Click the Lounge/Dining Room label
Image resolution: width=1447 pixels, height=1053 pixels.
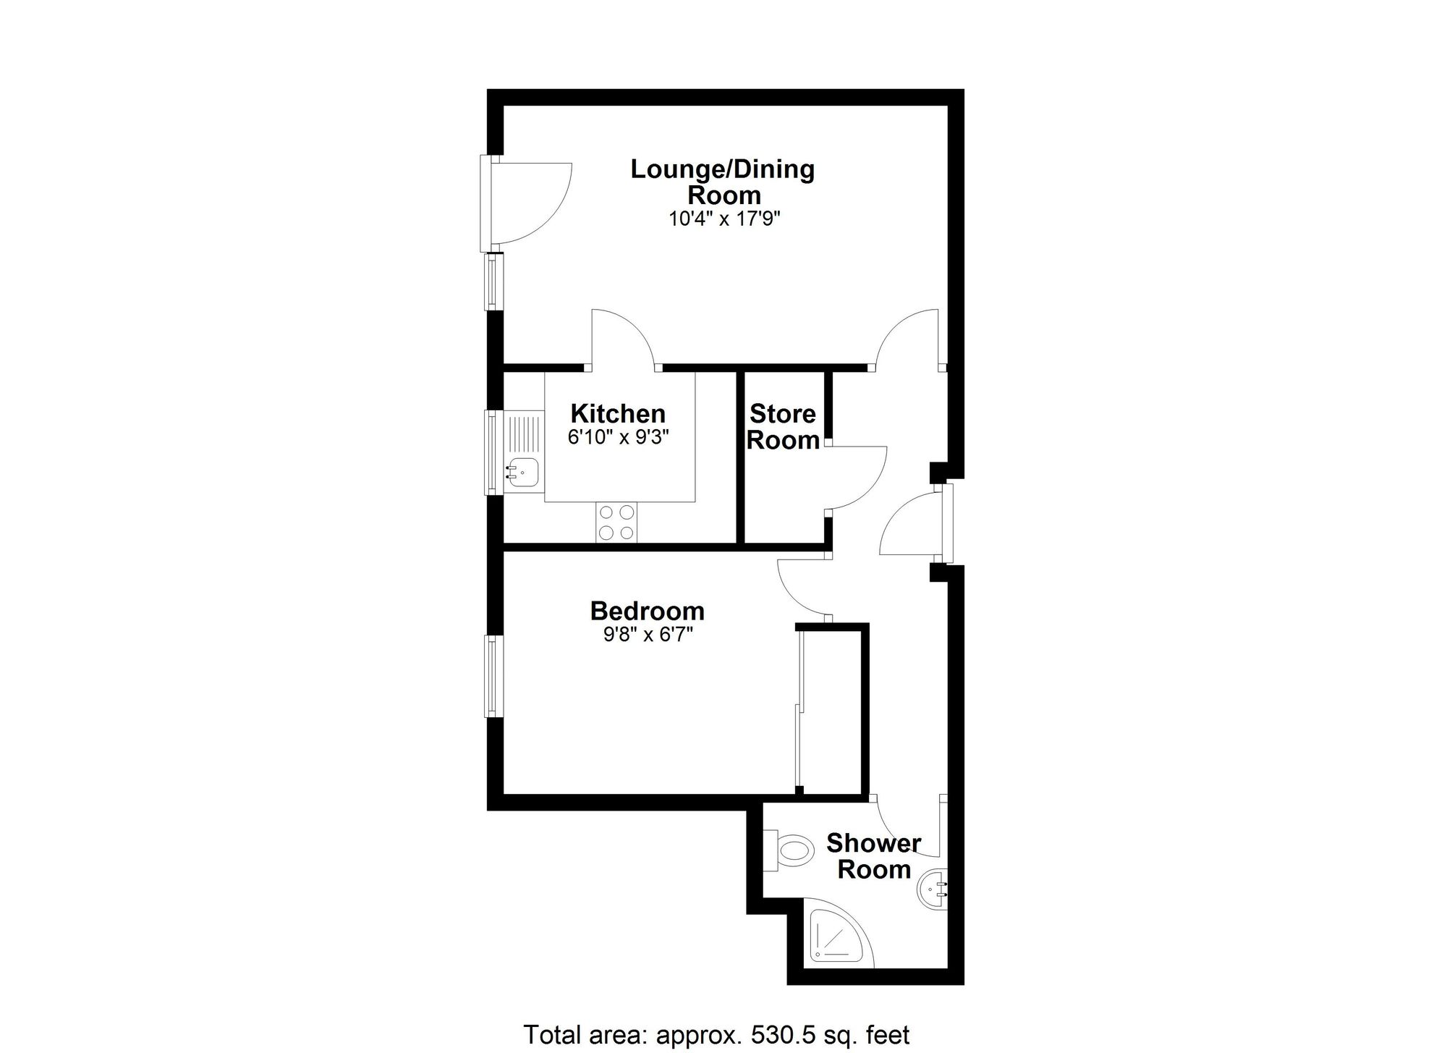[x=723, y=182]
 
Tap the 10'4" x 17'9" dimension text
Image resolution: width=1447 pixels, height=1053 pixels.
[x=724, y=219]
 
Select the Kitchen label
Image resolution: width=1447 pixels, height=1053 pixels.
[x=618, y=414]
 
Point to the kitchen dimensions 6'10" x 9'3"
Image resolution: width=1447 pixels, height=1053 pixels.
[x=618, y=437]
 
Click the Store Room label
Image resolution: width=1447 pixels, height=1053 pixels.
[x=783, y=427]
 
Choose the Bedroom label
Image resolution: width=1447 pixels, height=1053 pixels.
[x=648, y=612]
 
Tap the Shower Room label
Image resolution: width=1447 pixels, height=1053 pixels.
[x=873, y=856]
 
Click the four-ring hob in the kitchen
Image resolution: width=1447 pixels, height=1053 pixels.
[x=617, y=523]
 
